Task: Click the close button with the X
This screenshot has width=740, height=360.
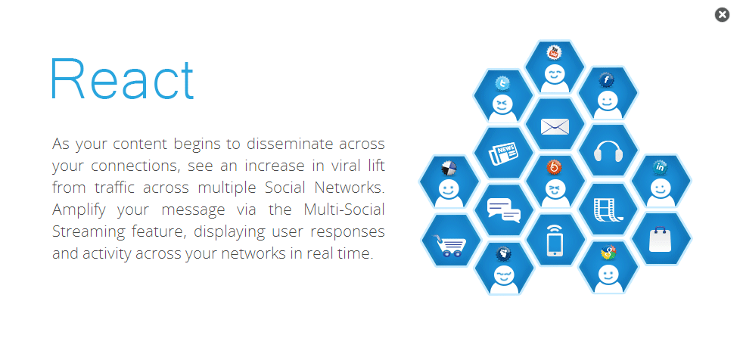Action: pyautogui.click(x=722, y=15)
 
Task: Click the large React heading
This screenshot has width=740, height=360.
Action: pyautogui.click(x=123, y=79)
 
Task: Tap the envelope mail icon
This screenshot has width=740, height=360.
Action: pyautogui.click(x=555, y=126)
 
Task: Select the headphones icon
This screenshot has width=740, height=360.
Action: pyautogui.click(x=608, y=151)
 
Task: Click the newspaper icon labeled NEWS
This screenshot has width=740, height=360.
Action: pyautogui.click(x=502, y=154)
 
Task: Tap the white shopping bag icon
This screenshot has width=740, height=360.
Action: pyautogui.click(x=661, y=239)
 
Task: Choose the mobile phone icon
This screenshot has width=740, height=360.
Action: pyautogui.click(x=555, y=241)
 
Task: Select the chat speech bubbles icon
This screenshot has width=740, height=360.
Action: pyautogui.click(x=504, y=211)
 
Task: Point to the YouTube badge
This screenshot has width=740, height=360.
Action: pyautogui.click(x=554, y=52)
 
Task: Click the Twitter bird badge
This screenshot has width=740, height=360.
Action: pyautogui.click(x=502, y=83)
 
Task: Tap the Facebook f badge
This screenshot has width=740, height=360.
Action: pyautogui.click(x=606, y=79)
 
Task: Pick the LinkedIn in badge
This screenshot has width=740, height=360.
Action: pyautogui.click(x=660, y=167)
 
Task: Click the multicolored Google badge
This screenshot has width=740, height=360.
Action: pyautogui.click(x=608, y=253)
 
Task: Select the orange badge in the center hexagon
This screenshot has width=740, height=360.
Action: pyautogui.click(x=555, y=167)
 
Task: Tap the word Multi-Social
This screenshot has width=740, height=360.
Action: pyautogui.click(x=344, y=209)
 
